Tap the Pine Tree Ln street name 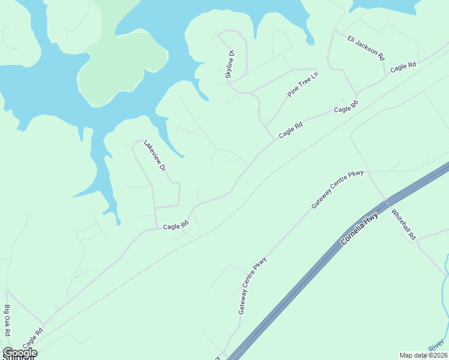(303, 83)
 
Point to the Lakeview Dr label (154, 157)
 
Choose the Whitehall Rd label (403, 224)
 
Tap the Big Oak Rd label (7, 321)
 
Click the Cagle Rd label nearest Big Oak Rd (33, 339)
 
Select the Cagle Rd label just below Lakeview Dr (176, 226)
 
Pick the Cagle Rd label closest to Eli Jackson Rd (403, 68)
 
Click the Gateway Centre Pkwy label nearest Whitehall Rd (337, 189)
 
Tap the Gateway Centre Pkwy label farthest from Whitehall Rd (252, 286)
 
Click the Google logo (20, 352)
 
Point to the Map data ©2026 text (423, 355)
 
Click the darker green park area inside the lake (123, 66)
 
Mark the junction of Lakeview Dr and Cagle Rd (156, 228)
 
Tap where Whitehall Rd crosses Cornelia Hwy (386, 200)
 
